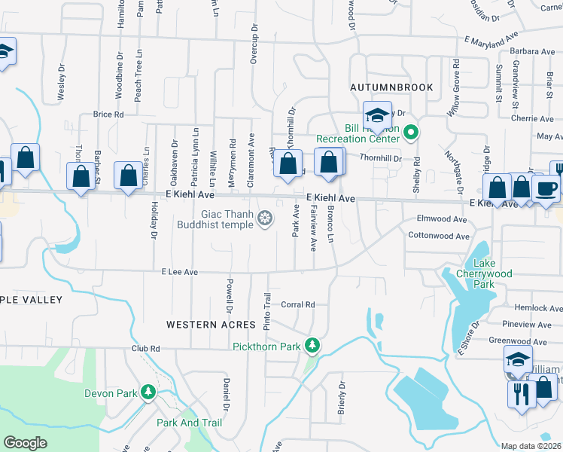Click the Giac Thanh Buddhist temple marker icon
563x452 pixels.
[x=265, y=219]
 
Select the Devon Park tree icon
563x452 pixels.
[x=149, y=392]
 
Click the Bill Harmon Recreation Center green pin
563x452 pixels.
[x=410, y=134]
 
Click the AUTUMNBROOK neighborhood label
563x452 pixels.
[x=391, y=87]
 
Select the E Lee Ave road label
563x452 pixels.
[x=179, y=272]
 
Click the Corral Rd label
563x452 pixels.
[x=297, y=305]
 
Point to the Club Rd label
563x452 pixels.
[x=146, y=349]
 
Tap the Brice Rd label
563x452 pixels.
[x=108, y=115]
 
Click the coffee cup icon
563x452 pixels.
[x=546, y=188]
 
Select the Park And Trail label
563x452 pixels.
[x=189, y=423]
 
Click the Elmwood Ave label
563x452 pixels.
[x=443, y=219]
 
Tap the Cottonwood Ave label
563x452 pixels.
[x=439, y=236]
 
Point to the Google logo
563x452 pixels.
[x=25, y=443]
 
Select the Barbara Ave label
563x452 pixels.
[x=531, y=52]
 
